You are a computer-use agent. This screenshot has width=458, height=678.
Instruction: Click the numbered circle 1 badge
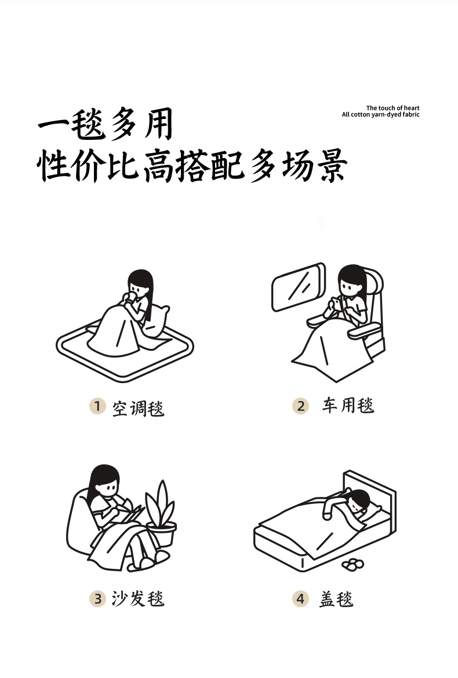(x=97, y=406)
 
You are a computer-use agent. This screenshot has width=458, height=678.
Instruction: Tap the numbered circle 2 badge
(x=300, y=406)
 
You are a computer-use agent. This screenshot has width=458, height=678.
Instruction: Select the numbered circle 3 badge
(x=97, y=599)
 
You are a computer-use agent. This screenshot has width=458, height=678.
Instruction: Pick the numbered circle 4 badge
(x=300, y=599)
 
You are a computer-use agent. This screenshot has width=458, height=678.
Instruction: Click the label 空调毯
(x=138, y=407)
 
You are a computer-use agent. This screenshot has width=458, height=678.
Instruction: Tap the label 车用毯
(x=348, y=406)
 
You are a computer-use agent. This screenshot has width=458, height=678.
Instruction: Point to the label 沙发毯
(x=138, y=598)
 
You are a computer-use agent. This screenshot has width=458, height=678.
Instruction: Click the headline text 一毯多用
(x=106, y=125)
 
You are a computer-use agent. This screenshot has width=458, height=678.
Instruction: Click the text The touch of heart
(x=393, y=108)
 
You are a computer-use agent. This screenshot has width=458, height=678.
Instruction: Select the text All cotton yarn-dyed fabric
(x=381, y=114)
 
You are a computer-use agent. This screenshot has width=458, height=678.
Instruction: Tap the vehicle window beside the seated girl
(x=299, y=287)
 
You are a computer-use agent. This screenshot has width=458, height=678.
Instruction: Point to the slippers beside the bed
(x=352, y=564)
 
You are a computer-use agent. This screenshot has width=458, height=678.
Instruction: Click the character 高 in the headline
(x=159, y=165)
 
